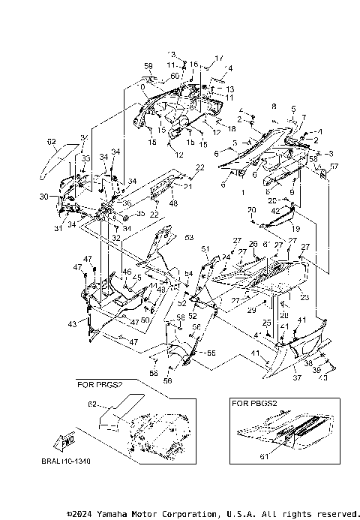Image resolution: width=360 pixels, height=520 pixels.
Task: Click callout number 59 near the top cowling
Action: pyautogui.click(x=148, y=67)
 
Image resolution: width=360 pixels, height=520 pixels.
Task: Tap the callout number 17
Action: pyautogui.click(x=220, y=59)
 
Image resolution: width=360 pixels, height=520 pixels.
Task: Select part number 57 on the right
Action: pyautogui.click(x=334, y=166)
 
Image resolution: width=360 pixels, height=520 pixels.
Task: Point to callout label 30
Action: pyautogui.click(x=44, y=197)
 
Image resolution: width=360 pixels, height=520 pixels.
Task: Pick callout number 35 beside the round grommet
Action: pyautogui.click(x=140, y=214)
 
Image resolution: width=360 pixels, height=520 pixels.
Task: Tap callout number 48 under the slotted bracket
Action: pyautogui.click(x=173, y=203)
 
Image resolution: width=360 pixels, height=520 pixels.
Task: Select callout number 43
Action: pyautogui.click(x=72, y=323)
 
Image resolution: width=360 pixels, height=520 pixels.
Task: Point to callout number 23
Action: pyautogui.click(x=304, y=298)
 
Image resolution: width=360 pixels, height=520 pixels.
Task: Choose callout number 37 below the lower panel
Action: pyautogui.click(x=296, y=379)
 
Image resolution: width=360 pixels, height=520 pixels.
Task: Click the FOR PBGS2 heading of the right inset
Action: pyautogui.click(x=256, y=403)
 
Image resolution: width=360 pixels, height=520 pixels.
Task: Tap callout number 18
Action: pyautogui.click(x=222, y=108)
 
